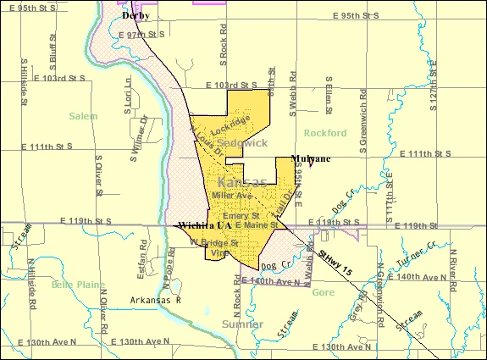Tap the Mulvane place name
pos(311,158)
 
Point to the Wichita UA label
pos(204,226)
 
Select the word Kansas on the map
pos(242,182)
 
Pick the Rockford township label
pos(325,133)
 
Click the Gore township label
pos(324,292)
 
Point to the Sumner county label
pos(242,324)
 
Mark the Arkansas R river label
pos(156,300)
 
